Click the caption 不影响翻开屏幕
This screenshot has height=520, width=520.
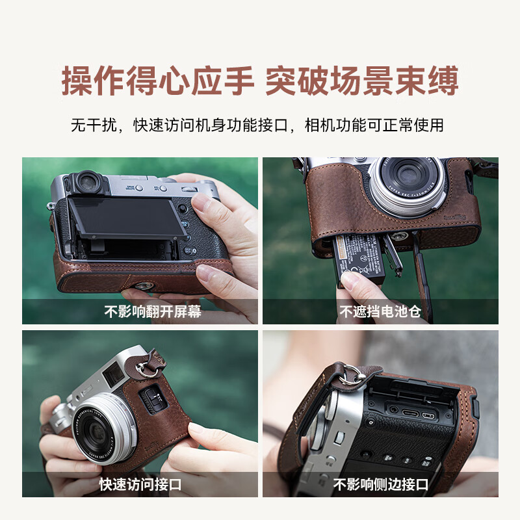[x=153, y=311]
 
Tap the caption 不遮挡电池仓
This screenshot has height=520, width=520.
[x=380, y=311]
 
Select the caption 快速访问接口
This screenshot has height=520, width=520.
[x=140, y=484]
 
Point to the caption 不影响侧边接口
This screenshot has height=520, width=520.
[x=380, y=484]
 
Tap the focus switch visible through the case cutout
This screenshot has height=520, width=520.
[x=151, y=400]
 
